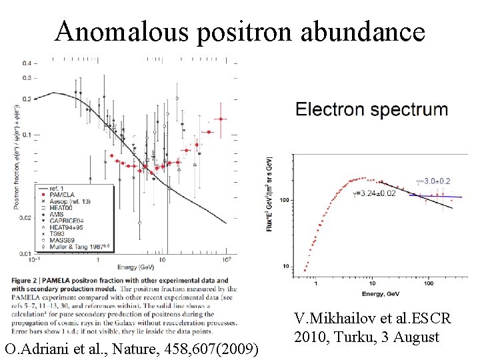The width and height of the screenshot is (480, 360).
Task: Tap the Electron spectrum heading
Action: (371, 109)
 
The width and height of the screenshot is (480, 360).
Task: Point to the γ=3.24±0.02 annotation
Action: (373, 193)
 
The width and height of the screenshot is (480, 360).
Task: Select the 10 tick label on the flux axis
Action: (285, 267)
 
